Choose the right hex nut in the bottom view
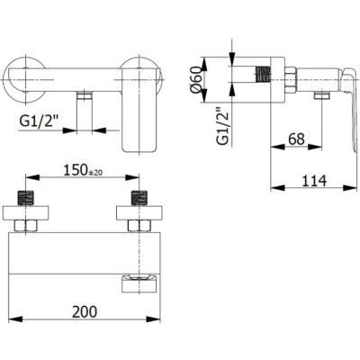point(139,224)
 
